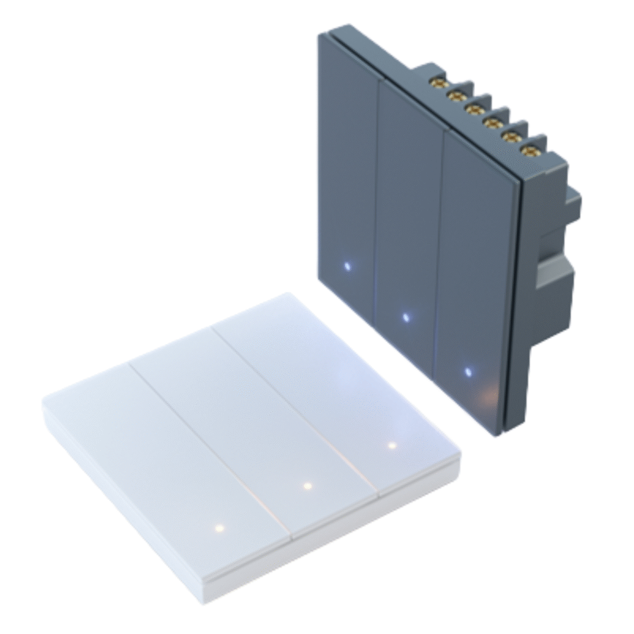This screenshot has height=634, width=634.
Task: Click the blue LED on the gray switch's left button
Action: point(347,267)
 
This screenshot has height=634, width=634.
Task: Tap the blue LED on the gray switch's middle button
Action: point(406,318)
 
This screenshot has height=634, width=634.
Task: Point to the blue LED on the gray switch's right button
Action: point(467,373)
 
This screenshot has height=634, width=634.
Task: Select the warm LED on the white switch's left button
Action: point(218,529)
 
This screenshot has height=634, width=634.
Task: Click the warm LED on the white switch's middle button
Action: point(306,486)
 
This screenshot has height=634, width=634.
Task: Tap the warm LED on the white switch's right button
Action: point(391,445)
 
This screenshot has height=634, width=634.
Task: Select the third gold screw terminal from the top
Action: point(474,109)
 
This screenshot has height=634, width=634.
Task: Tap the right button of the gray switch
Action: point(474,260)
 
